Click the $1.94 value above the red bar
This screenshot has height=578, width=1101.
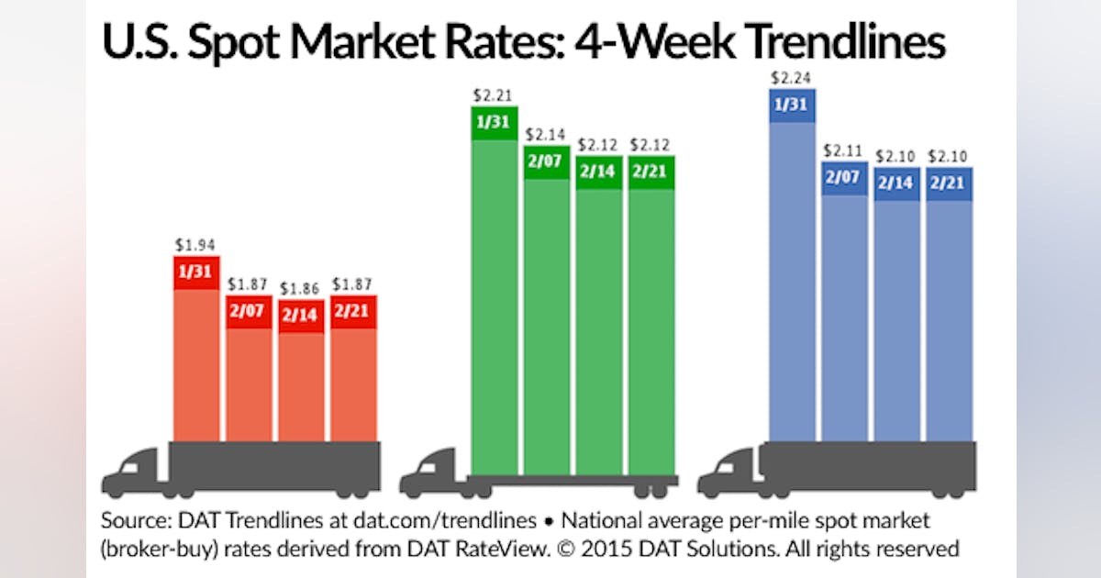196,246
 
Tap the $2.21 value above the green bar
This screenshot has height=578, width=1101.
495,94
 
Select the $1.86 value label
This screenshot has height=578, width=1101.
301,288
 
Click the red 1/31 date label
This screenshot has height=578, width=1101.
196,272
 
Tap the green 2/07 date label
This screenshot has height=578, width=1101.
547,161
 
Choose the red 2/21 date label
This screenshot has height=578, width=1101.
353,311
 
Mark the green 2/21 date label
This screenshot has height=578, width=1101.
651,172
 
